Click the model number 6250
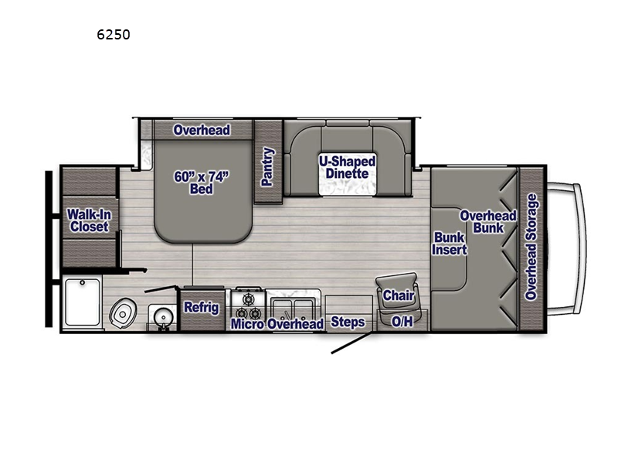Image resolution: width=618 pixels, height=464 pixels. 113,35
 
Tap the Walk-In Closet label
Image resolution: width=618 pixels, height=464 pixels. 89,220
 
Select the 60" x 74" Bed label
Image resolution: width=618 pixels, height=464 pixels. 202,183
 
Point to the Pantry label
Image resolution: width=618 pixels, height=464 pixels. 267,166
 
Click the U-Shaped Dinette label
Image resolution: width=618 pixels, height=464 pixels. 347,167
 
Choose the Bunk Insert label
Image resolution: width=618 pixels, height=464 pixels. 449,244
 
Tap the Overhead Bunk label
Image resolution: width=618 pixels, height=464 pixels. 488,222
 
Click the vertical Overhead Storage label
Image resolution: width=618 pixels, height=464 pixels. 531,247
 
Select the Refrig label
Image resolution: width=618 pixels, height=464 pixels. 202,307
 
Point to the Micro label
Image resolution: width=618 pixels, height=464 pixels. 247,324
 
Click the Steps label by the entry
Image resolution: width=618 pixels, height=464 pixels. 348,322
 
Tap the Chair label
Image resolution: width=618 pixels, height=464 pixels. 399,295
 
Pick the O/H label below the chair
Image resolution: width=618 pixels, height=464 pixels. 402,322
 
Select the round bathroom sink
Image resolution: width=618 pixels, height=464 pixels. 162,316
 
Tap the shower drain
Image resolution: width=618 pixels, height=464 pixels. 83,282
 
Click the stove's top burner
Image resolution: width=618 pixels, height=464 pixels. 248,299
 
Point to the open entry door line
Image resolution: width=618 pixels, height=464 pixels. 351,343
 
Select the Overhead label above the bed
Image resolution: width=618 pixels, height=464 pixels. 202,130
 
